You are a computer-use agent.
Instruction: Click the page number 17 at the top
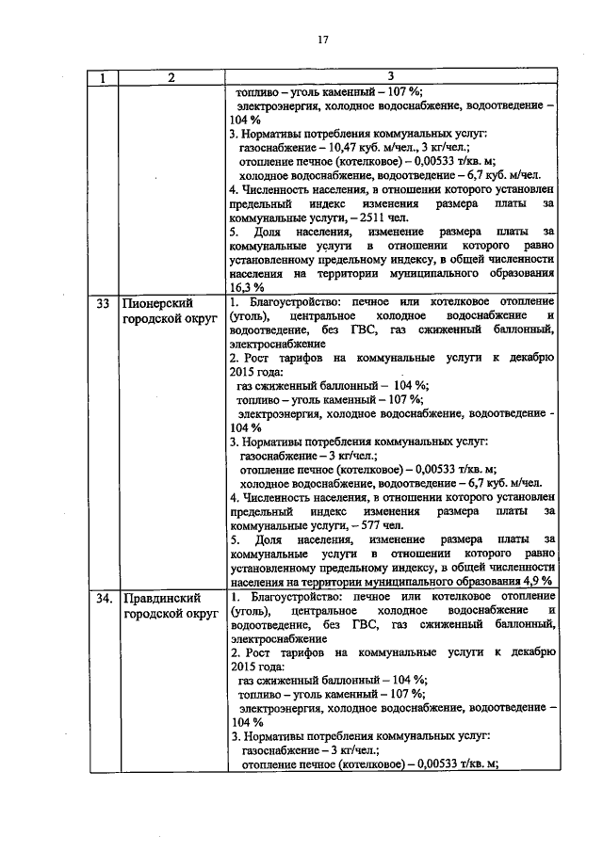point(321,39)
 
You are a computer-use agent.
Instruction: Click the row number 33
point(104,303)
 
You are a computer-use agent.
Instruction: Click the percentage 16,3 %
point(247,287)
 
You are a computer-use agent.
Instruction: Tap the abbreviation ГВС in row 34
point(367,625)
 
